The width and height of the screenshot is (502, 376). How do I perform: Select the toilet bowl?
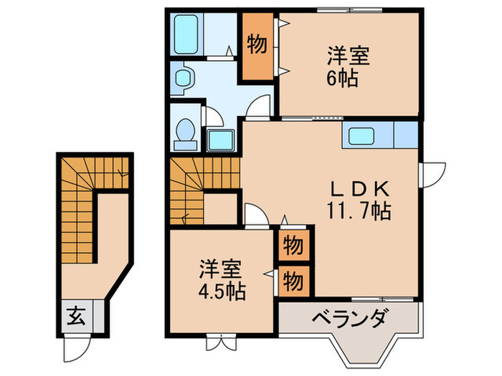point(184,132)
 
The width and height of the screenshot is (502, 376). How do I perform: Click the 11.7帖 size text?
point(359,213)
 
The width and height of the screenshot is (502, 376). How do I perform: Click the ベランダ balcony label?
point(351,317)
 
